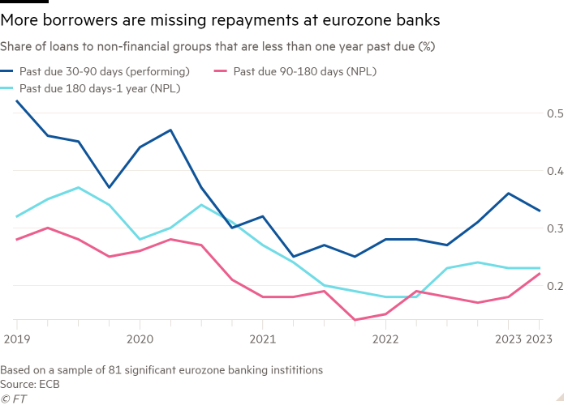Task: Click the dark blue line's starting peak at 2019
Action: pyautogui.click(x=16, y=101)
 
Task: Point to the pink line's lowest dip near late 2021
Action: pyautogui.click(x=355, y=320)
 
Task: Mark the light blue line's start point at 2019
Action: pyautogui.click(x=16, y=217)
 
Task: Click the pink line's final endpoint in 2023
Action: pyautogui.click(x=540, y=273)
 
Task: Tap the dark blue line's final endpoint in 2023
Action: pyautogui.click(x=540, y=211)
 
